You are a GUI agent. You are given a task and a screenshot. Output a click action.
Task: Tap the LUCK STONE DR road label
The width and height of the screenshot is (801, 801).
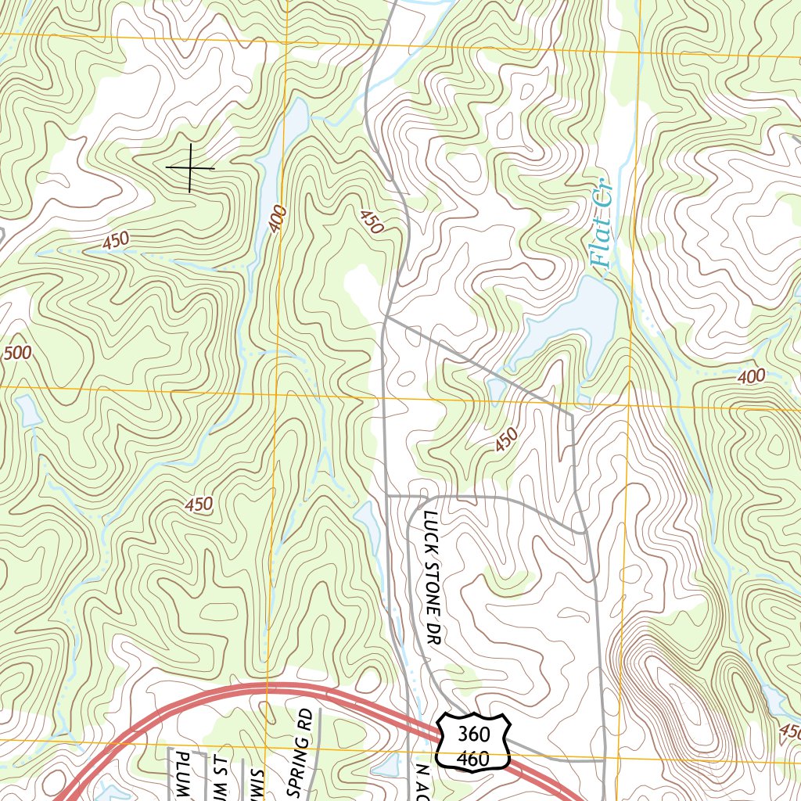point(430,579)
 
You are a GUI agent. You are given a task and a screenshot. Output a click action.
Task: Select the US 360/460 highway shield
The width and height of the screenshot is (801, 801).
point(473,741)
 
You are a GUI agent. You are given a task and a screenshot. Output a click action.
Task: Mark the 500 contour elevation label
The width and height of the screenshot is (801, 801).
point(17,354)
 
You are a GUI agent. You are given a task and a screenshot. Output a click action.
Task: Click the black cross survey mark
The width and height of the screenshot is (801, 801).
point(189,167)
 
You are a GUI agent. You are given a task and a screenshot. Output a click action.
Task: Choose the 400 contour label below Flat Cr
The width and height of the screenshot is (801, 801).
point(751,377)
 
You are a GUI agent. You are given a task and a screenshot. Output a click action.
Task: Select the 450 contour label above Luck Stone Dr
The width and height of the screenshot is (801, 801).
point(506,440)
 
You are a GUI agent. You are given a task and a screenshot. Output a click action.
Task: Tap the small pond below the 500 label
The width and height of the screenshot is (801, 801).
point(28,411)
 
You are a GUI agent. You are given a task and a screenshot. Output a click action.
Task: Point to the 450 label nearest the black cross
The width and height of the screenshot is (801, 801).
point(115,241)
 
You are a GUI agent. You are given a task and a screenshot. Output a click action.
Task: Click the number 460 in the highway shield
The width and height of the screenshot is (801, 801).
point(473,758)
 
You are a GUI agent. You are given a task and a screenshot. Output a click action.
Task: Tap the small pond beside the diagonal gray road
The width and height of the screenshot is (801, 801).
point(495,388)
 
